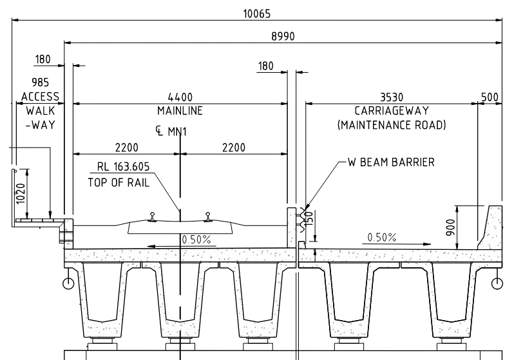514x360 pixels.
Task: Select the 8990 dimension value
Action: pos(282,37)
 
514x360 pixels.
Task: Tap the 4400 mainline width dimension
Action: pos(180,97)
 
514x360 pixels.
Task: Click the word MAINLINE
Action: pos(180,111)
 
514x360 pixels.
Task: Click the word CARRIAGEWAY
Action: pos(391,111)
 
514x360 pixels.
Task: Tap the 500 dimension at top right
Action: pos(490,97)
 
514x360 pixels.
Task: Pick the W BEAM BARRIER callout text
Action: pos(391,162)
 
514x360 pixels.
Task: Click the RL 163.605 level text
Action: pos(124,167)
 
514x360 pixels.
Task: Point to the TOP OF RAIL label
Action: pos(119,182)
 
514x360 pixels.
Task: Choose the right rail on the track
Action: pos(207,217)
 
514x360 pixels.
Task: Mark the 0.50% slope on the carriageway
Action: pos(381,238)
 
